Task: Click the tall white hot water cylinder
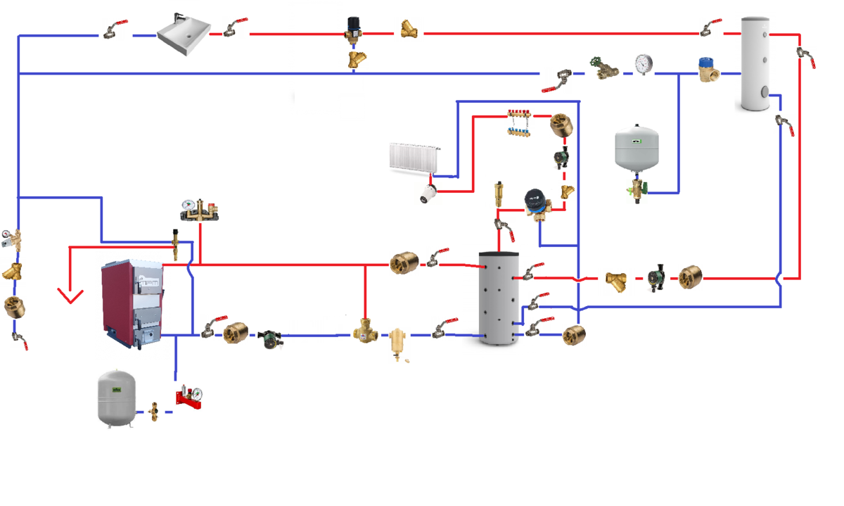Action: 759,63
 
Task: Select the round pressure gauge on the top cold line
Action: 643,64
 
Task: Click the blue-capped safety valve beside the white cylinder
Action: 707,70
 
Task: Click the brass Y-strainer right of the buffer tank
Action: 617,281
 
